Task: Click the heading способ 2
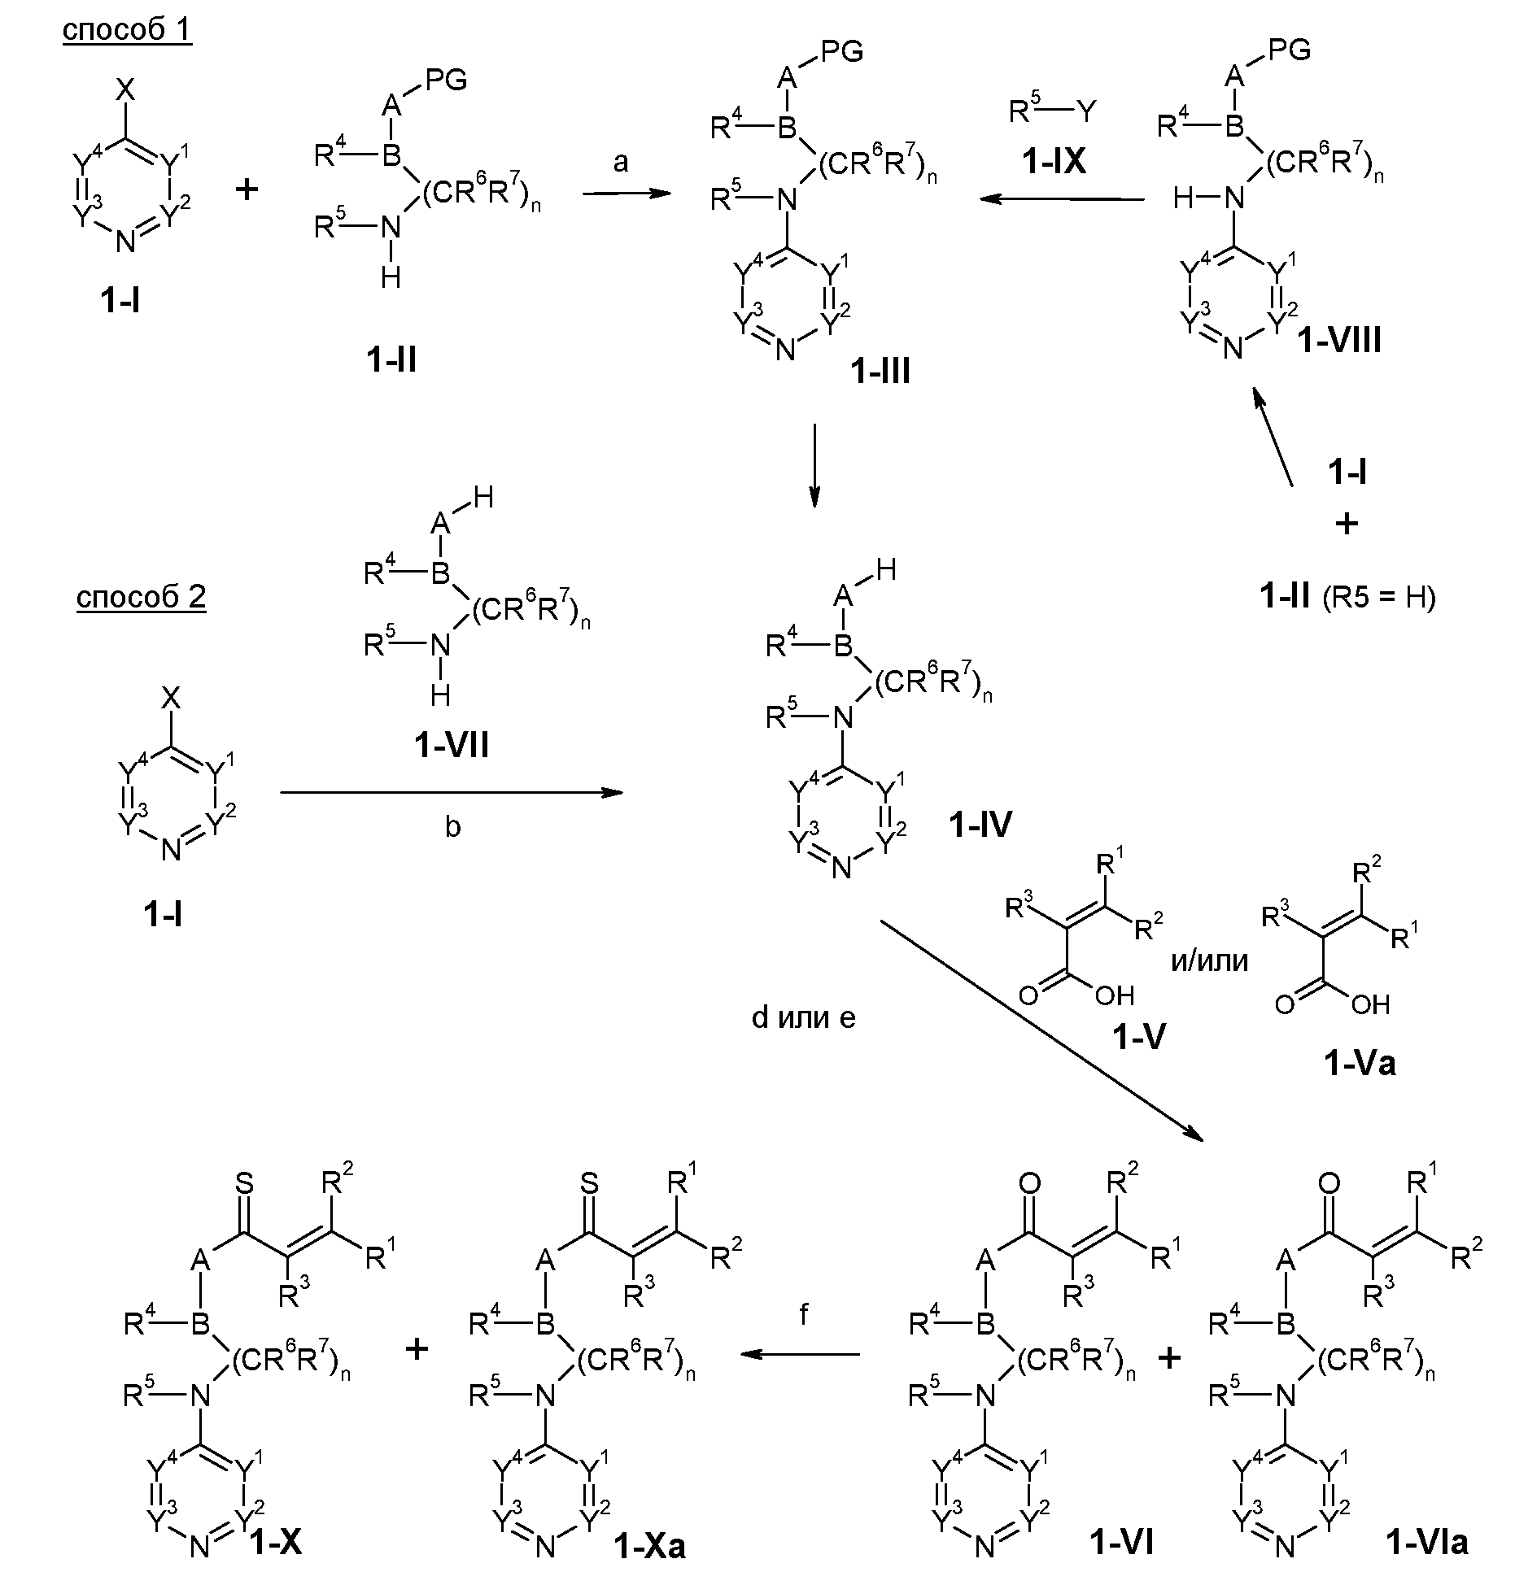[141, 597]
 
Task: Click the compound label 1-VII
[452, 745]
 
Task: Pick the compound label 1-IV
[980, 825]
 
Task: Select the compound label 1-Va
[1359, 1062]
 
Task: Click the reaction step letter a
[621, 163]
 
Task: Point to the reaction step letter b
[452, 826]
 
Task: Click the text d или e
[803, 1017]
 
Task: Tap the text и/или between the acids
[1209, 960]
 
